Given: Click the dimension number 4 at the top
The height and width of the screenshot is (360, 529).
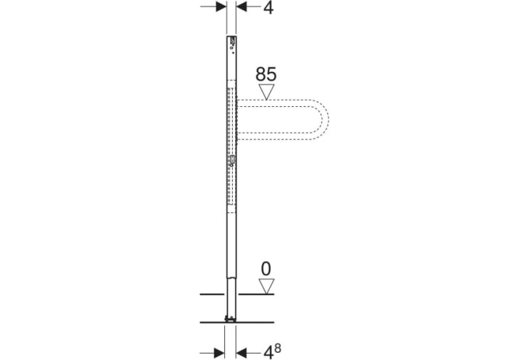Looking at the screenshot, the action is [268, 7].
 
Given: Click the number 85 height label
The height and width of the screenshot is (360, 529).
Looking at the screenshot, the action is [266, 74].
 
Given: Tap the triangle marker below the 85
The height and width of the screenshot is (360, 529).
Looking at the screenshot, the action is [266, 92].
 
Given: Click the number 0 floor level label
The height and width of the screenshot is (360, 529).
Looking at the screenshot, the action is [266, 269].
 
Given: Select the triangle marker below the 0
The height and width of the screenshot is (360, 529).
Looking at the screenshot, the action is [266, 287].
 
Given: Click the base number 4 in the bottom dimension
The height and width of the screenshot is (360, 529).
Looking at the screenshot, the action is [268, 353].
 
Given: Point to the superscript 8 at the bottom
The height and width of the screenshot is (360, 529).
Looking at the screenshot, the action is [278, 348].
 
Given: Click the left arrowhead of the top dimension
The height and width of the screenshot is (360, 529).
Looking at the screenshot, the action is [221, 6].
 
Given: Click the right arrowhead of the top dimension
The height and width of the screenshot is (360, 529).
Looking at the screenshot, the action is [241, 6].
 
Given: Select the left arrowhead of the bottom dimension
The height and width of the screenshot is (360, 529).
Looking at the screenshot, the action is [219, 354].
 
